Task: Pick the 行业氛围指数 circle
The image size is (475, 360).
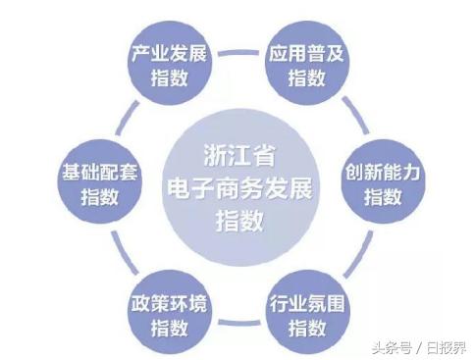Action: (x=305, y=303)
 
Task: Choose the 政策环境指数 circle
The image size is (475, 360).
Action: (x=169, y=303)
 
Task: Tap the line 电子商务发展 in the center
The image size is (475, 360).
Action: (x=238, y=187)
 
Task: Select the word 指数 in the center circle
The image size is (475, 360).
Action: (x=238, y=220)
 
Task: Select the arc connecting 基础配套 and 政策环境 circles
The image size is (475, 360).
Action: (x=117, y=257)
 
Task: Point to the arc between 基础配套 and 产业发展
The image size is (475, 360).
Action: (x=117, y=110)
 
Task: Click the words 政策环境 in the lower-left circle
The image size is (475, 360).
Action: (x=169, y=292)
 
